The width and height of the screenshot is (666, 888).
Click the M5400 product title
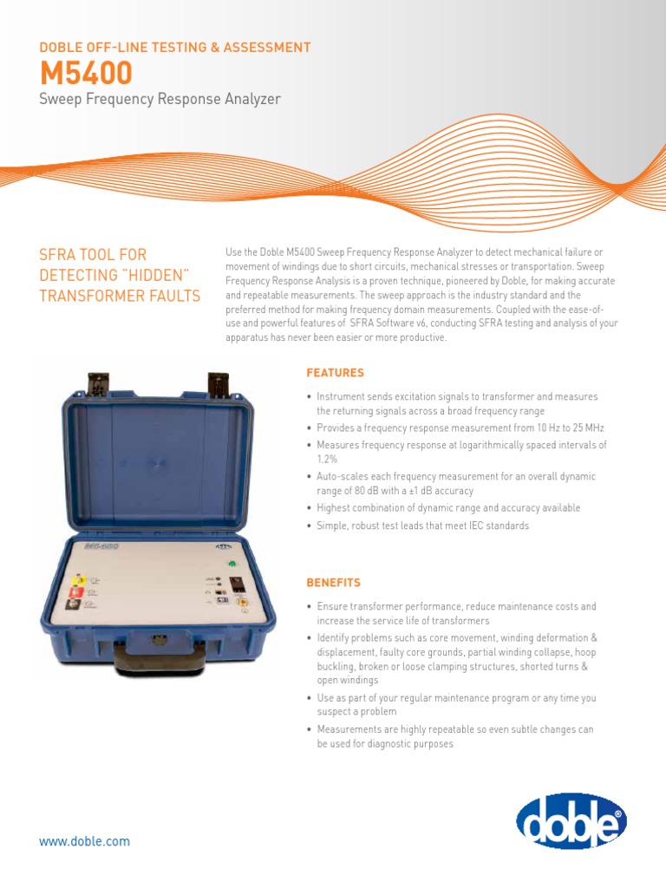[86, 72]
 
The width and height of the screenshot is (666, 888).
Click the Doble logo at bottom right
[571, 820]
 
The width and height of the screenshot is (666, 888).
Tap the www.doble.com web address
[84, 841]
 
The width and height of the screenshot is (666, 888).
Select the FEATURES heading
[335, 372]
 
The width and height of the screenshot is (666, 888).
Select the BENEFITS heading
[333, 582]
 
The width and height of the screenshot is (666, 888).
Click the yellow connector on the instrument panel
[79, 578]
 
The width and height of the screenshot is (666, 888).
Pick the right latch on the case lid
[218, 383]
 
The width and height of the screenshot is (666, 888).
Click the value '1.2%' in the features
[326, 460]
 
